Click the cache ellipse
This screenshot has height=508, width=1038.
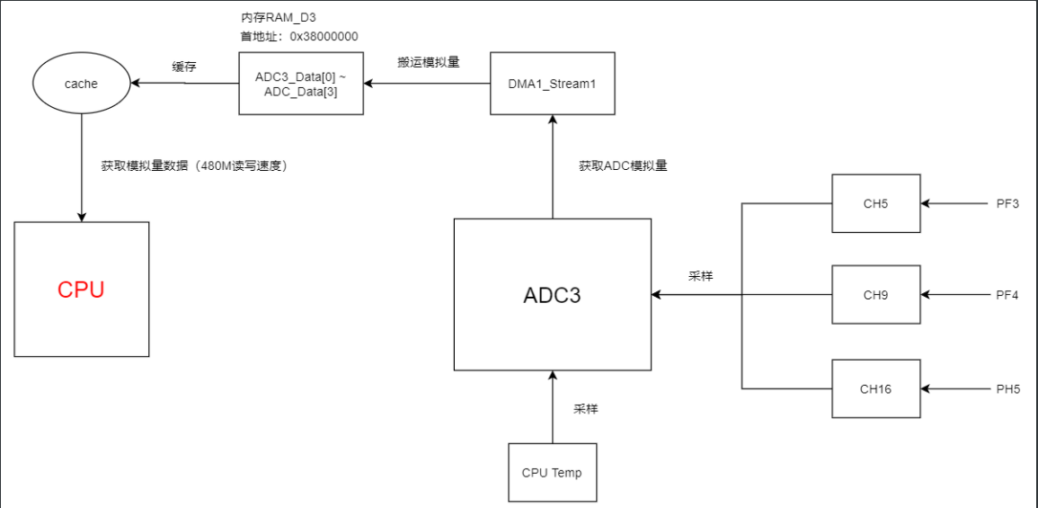[81, 84]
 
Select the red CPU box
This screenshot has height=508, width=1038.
[82, 290]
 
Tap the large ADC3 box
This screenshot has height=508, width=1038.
[552, 295]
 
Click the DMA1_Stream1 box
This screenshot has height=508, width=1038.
[552, 84]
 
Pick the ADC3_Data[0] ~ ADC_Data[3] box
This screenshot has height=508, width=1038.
[301, 84]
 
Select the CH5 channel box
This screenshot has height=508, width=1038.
[875, 204]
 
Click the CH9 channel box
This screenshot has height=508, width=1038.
[875, 295]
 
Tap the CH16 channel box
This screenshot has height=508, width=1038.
[875, 388]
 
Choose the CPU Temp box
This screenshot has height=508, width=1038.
[552, 472]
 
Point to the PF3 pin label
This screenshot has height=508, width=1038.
[1007, 204]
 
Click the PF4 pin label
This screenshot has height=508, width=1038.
[1007, 295]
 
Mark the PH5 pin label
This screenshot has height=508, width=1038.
[1007, 389]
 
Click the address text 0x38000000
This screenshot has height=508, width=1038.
[324, 37]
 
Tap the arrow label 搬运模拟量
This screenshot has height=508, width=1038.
[429, 63]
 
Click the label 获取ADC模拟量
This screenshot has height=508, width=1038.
[623, 166]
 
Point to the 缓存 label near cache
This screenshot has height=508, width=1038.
[184, 67]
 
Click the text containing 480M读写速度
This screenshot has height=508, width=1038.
[194, 166]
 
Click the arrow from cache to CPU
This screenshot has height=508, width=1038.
[82, 171]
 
